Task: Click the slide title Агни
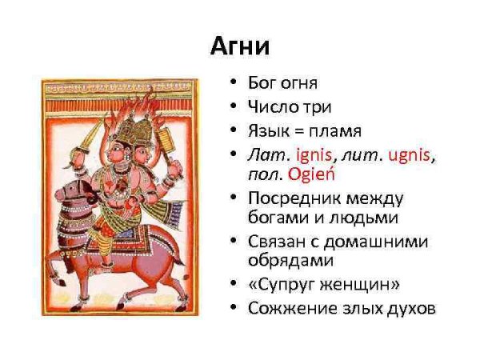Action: point(240,46)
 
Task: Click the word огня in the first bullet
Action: point(297,82)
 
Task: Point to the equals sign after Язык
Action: point(292,130)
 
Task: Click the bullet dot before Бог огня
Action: point(232,82)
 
